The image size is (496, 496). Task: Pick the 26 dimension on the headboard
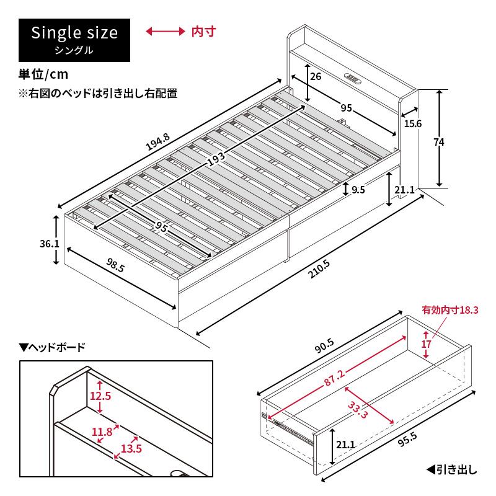tap(315, 77)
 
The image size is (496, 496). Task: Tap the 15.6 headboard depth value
tap(413, 123)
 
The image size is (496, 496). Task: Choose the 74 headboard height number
tap(439, 142)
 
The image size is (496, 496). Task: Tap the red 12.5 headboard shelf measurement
tap(99, 397)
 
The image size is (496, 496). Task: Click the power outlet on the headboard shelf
tap(353, 78)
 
